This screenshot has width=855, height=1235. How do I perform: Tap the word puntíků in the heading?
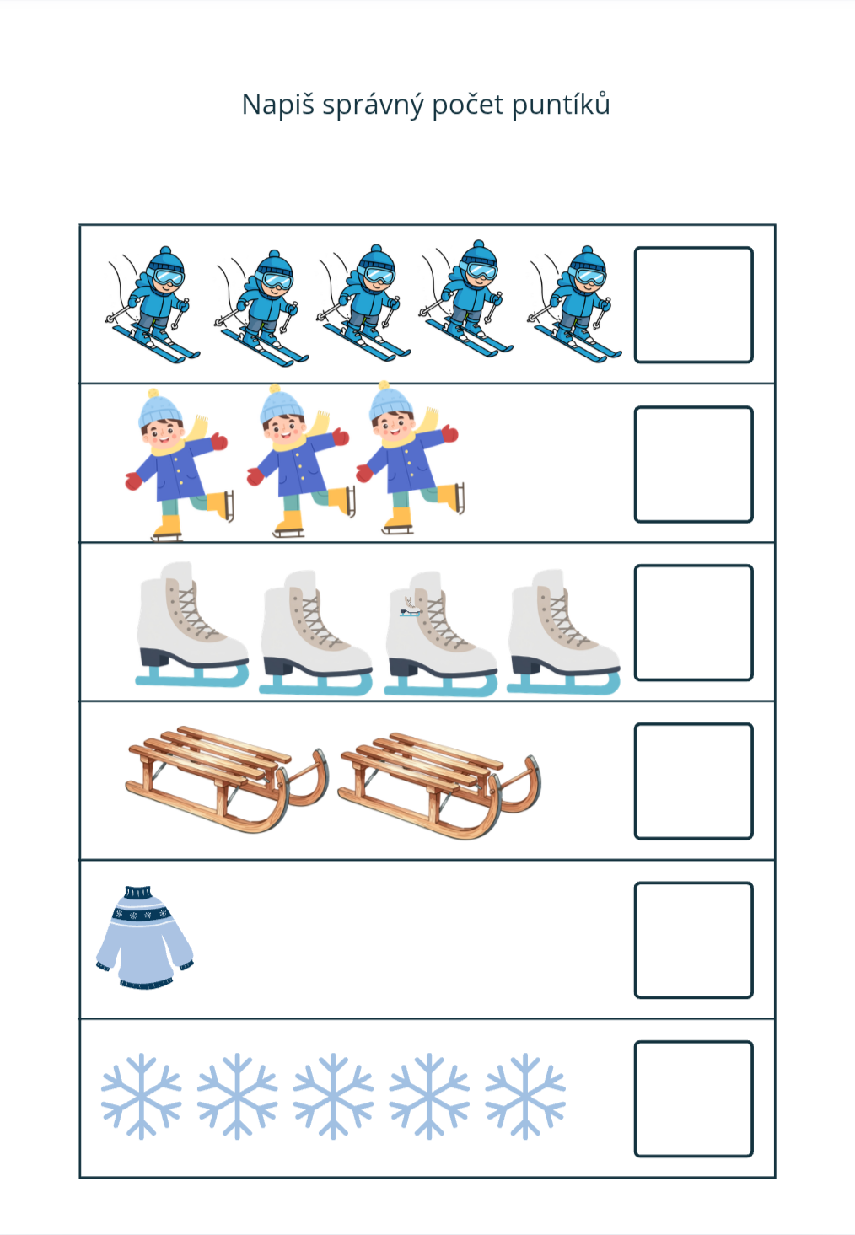point(561,105)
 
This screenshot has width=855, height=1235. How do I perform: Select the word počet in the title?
point(468,105)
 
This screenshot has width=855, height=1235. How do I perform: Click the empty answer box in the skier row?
point(693,305)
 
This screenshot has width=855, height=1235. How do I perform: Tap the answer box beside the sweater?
point(693,940)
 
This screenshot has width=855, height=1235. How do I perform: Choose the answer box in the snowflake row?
point(693,1098)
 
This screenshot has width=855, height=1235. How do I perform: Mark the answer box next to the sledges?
point(693,781)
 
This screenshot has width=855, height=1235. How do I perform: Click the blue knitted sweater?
point(144,937)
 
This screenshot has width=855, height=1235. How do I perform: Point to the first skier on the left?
point(153,304)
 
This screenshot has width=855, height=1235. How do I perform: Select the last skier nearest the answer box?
point(575,303)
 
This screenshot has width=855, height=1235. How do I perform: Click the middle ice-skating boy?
point(298,461)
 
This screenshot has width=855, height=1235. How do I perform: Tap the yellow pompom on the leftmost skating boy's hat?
point(153,393)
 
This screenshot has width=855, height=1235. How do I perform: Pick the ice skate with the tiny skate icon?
point(441,634)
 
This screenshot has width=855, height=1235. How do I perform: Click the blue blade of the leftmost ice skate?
point(192,675)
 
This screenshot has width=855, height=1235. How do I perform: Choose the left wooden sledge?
point(228,778)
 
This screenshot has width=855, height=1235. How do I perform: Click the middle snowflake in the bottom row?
point(333,1096)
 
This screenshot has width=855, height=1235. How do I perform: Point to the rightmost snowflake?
point(525,1096)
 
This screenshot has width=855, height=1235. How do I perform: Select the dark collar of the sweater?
point(138,892)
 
